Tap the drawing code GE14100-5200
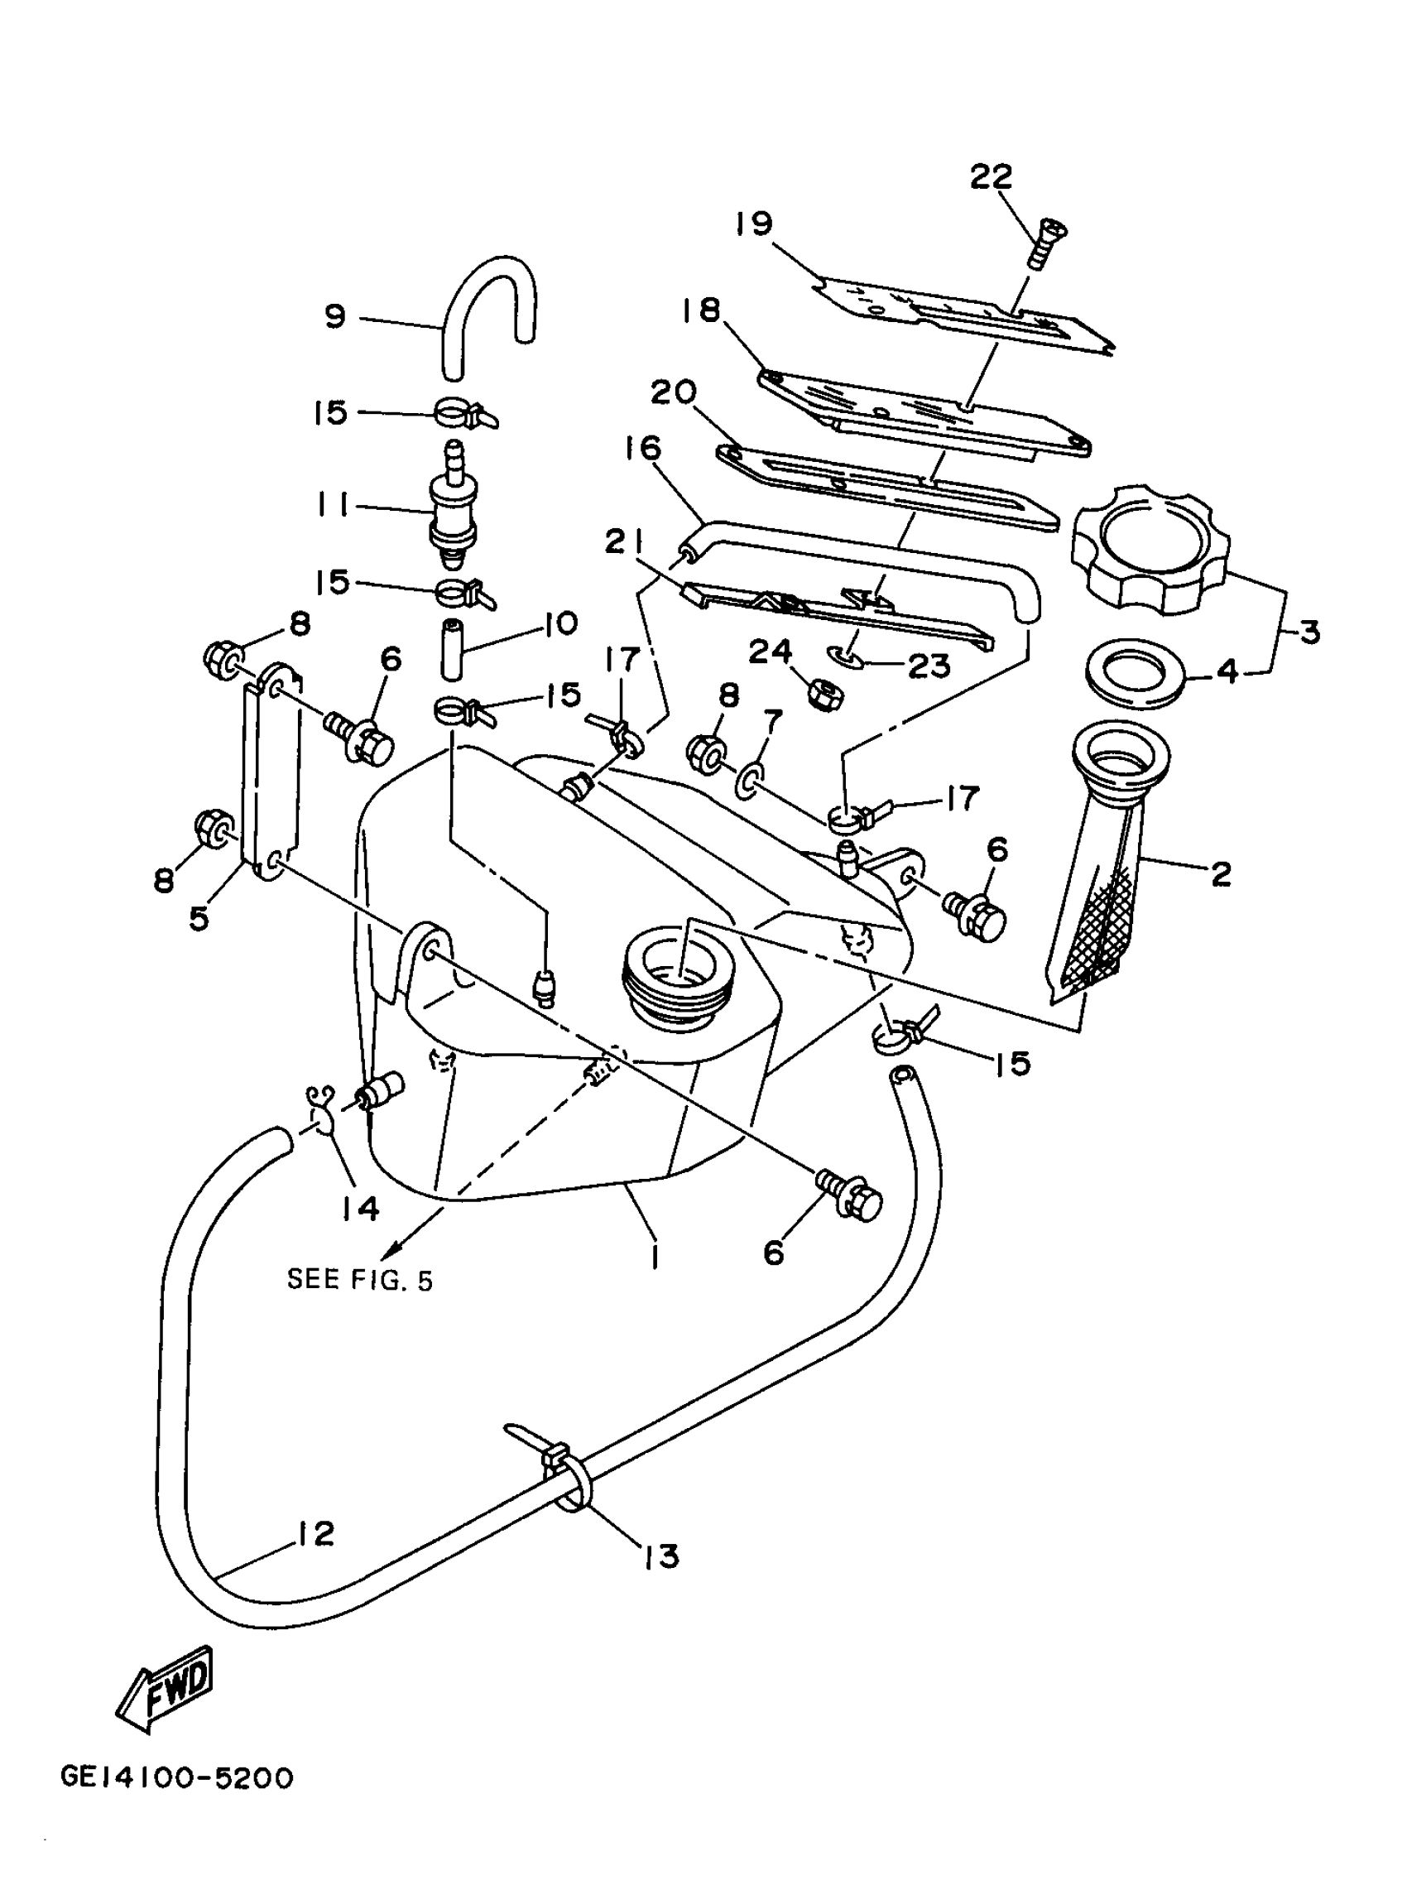pyautogui.click(x=177, y=1779)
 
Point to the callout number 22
pyautogui.click(x=992, y=176)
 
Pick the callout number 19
pyautogui.click(x=754, y=224)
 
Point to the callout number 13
pyautogui.click(x=662, y=1556)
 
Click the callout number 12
pyautogui.click(x=317, y=1534)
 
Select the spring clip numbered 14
pyautogui.click(x=321, y=1112)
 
